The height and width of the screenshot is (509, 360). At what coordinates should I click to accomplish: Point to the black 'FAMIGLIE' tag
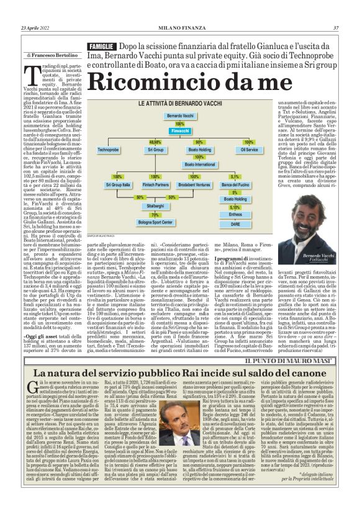coord(101,47)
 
